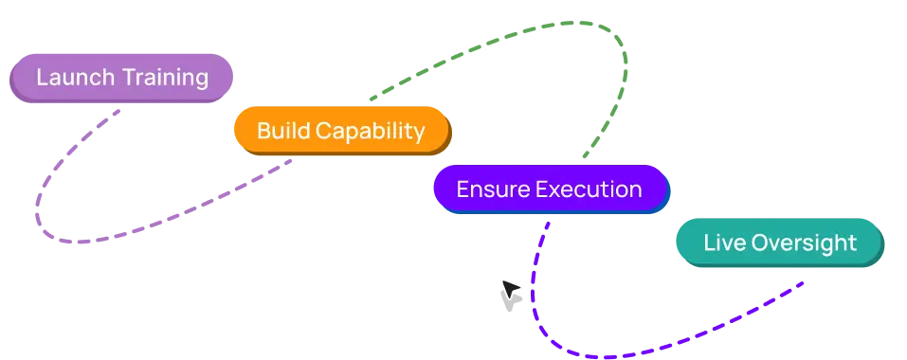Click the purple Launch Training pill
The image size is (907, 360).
click(121, 78)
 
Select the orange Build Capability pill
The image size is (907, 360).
click(342, 131)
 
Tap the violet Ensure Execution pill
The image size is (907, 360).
click(552, 189)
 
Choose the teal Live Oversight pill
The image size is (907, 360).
click(780, 243)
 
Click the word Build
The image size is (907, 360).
click(283, 131)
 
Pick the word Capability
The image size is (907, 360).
click(371, 132)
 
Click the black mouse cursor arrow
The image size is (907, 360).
click(512, 289)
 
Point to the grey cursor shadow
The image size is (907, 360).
click(510, 301)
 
